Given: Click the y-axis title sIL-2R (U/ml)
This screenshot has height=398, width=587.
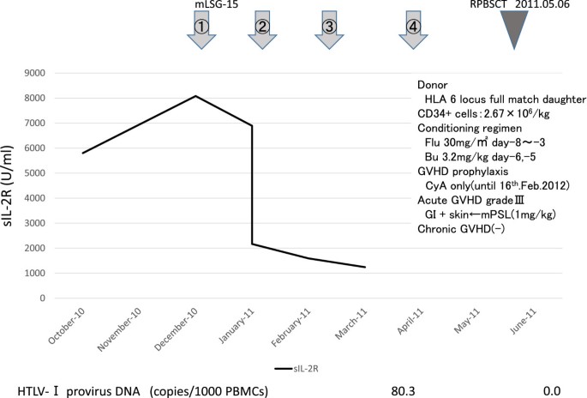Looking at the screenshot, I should click(x=14, y=184).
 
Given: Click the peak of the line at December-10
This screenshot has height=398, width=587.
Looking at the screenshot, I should click(x=196, y=96).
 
